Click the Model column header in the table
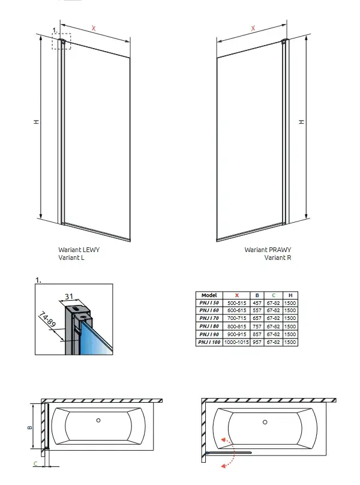pyautogui.click(x=209, y=295)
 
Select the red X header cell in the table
pyautogui.click(x=237, y=295)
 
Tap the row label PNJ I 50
pyautogui.click(x=209, y=303)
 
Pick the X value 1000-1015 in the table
pyautogui.click(x=237, y=342)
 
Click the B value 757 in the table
pyautogui.click(x=257, y=327)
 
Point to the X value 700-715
pyautogui.click(x=237, y=319)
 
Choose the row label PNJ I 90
pyautogui.click(x=209, y=334)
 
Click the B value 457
pyautogui.click(x=257, y=303)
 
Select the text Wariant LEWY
pyautogui.click(x=78, y=249)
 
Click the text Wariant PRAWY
pyautogui.click(x=268, y=249)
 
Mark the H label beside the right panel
pyautogui.click(x=302, y=122)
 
